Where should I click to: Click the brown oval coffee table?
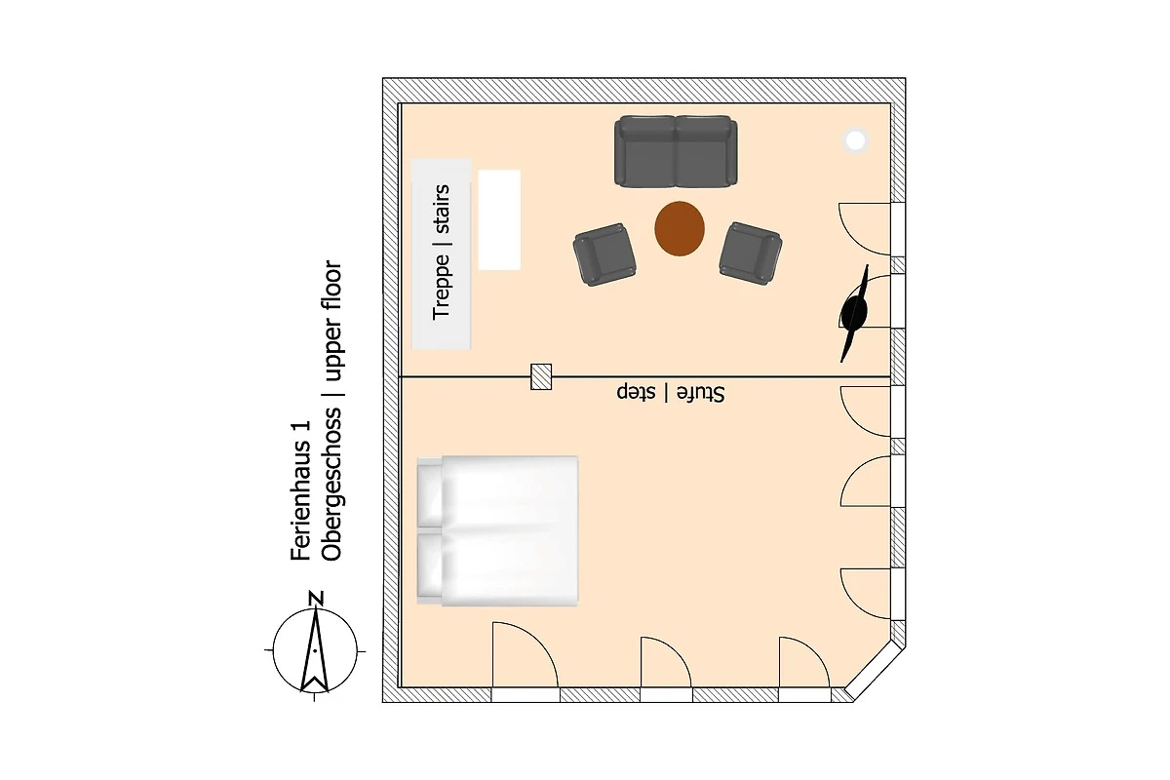tap(680, 228)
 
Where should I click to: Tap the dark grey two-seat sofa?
tap(676, 151)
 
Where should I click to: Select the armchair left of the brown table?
tap(604, 254)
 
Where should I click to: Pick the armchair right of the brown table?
tap(751, 253)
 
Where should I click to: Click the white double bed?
tap(497, 530)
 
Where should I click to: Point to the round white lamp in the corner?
tap(856, 140)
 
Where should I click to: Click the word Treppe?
tap(442, 287)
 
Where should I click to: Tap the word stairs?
tap(442, 209)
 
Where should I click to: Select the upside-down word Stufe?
tap(701, 393)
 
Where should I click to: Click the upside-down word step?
tap(636, 392)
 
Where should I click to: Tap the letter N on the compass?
tap(316, 599)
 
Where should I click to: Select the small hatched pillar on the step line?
tap(541, 376)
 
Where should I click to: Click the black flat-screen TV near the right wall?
tap(854, 313)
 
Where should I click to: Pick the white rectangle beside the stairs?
tap(499, 220)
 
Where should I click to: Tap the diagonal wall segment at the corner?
tap(876, 673)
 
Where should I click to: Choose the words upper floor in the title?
tap(331, 321)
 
